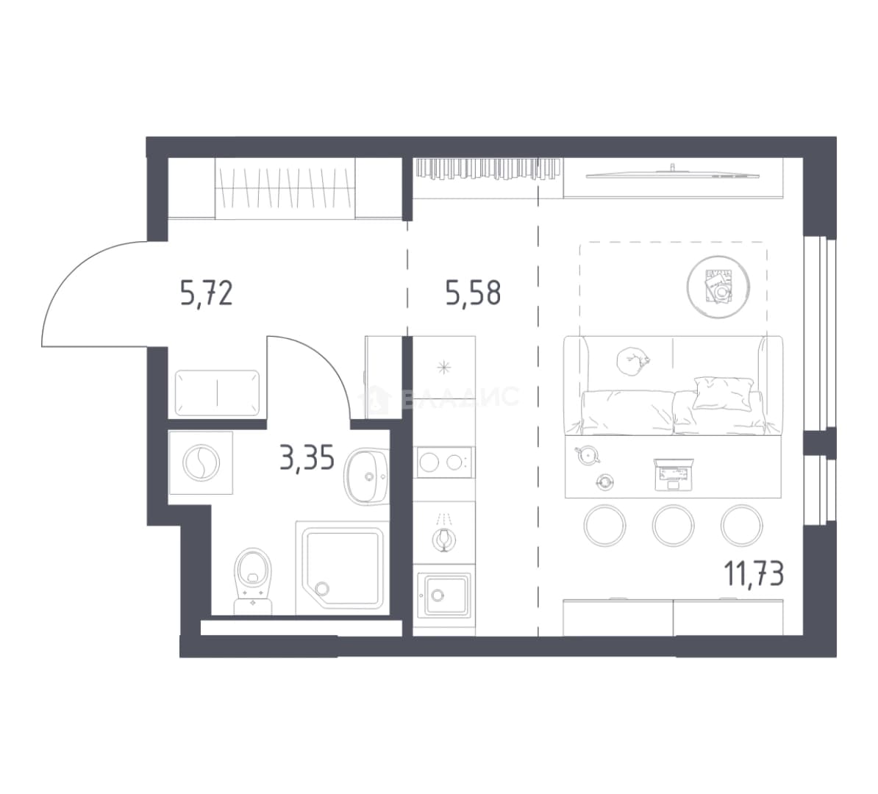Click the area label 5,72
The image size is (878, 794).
(x=206, y=293)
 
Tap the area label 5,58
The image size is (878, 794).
(x=473, y=293)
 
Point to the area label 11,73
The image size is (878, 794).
(x=754, y=573)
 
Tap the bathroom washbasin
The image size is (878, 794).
(x=367, y=476)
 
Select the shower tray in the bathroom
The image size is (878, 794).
(x=342, y=568)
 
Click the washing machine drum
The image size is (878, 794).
(x=201, y=462)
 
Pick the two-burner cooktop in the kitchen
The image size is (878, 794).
(x=444, y=462)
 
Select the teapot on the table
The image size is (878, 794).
(x=588, y=454)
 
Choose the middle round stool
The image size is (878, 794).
(x=673, y=525)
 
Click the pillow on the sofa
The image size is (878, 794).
(x=723, y=393)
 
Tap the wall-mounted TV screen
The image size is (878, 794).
(x=670, y=175)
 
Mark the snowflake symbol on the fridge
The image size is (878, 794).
(x=444, y=368)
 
